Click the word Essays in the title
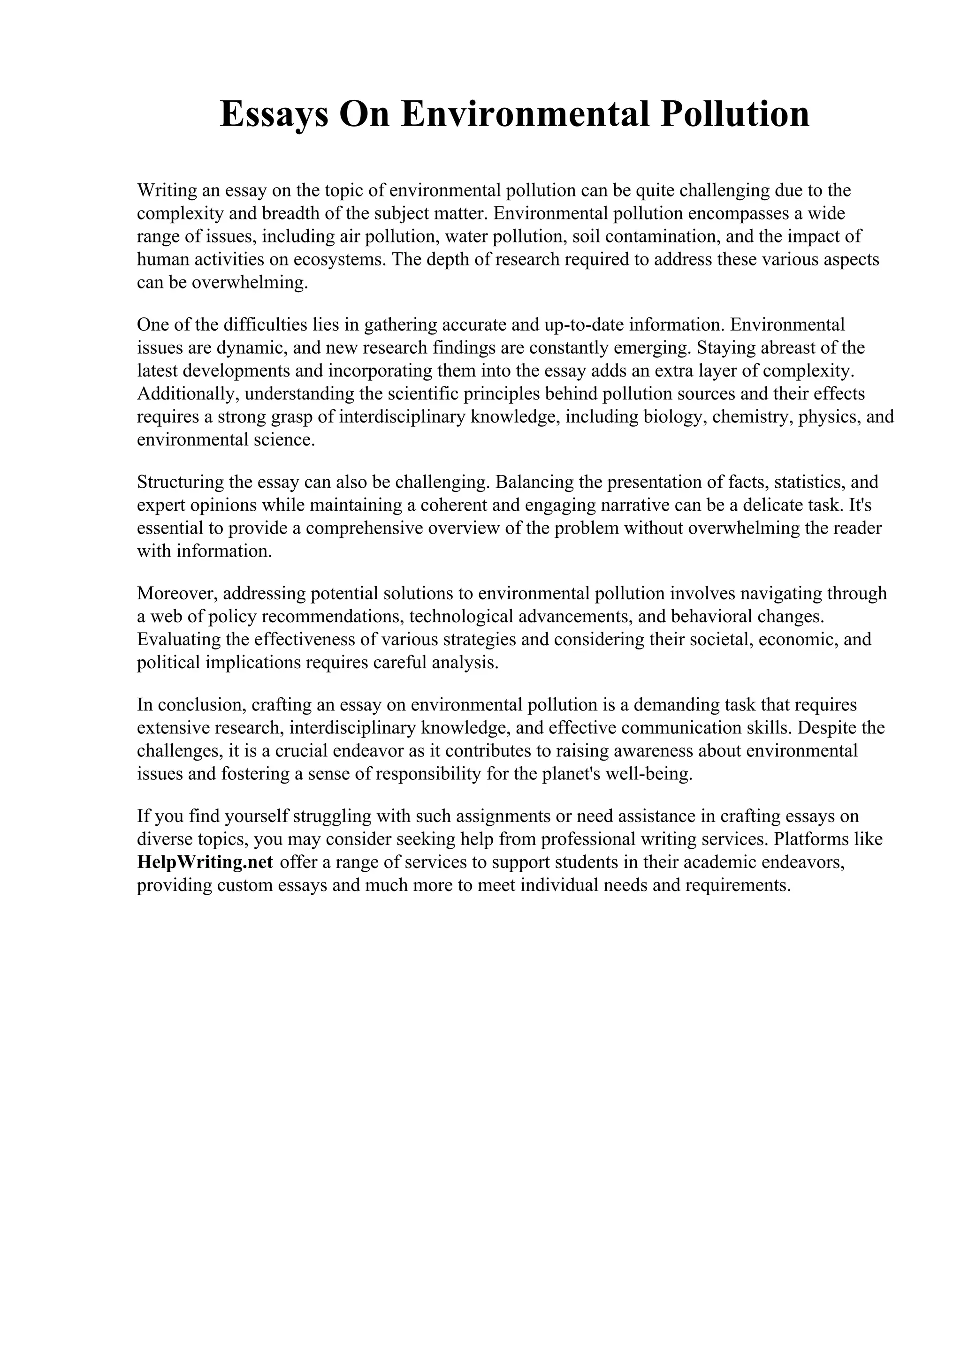coord(274,115)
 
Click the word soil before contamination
coord(586,236)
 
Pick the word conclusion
coord(201,705)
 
